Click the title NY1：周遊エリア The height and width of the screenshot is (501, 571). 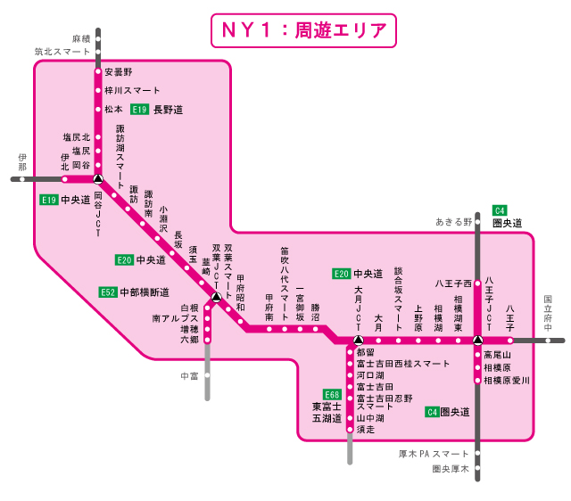click(x=302, y=30)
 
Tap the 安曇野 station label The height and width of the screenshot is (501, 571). click(x=118, y=71)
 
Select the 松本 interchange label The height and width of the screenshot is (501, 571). click(x=113, y=110)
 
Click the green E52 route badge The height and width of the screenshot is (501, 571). click(x=108, y=292)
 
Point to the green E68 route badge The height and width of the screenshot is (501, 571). click(x=332, y=394)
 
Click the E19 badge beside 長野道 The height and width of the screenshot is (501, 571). click(x=139, y=110)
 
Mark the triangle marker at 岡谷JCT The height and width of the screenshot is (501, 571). click(x=98, y=179)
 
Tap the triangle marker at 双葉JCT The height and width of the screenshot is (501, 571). click(x=215, y=297)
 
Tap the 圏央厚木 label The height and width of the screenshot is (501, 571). click(x=451, y=468)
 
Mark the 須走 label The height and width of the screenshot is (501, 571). click(x=365, y=430)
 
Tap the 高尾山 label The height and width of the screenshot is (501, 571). click(x=497, y=354)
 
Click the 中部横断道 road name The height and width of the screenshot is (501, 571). click(x=145, y=292)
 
